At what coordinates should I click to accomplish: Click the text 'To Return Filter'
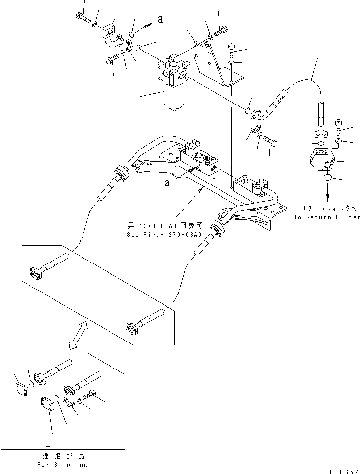point(327,217)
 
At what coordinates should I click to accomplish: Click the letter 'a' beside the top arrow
point(160,19)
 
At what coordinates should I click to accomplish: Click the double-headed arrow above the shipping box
point(79,336)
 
